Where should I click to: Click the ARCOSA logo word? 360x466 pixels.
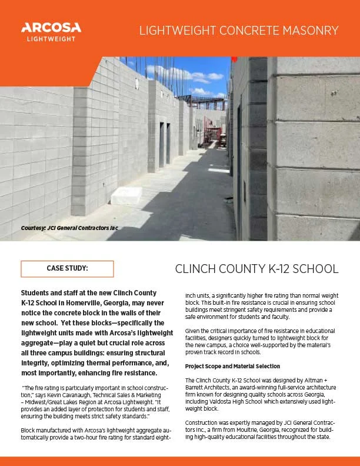coord(51,27)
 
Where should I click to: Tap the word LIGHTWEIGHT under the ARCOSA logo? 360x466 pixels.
coord(51,39)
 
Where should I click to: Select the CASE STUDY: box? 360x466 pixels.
coord(67,268)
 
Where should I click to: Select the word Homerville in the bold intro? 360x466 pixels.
coord(86,301)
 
